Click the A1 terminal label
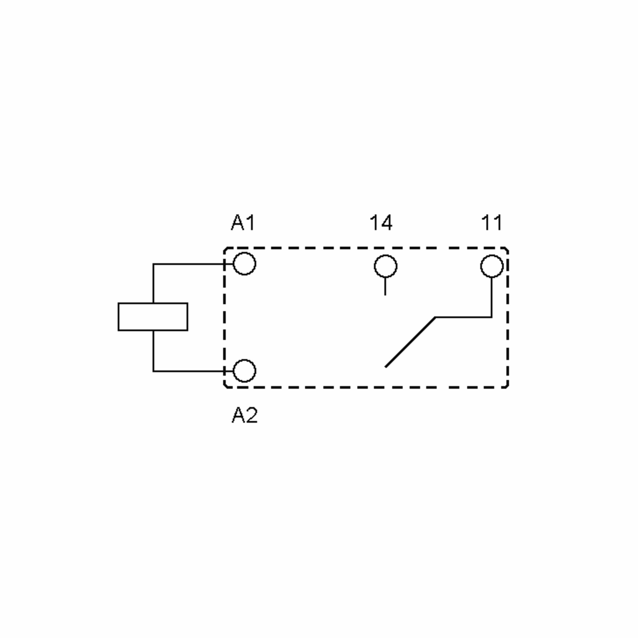pyautogui.click(x=243, y=223)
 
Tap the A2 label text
pyautogui.click(x=244, y=415)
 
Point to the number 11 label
pyautogui.click(x=492, y=223)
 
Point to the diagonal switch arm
pyautogui.click(x=410, y=342)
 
